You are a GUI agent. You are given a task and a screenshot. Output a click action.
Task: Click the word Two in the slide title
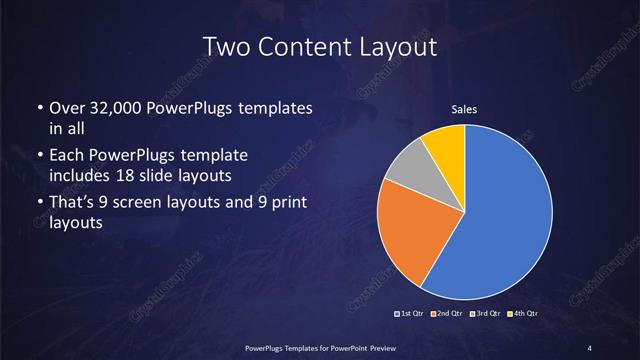[223, 46]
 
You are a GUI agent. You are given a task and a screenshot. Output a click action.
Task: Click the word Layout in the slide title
[402, 46]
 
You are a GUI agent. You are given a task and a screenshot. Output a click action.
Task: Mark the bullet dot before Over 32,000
[38, 107]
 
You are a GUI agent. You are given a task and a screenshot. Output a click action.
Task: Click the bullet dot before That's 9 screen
[38, 203]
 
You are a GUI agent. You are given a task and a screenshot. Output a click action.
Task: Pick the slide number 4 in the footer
[591, 346]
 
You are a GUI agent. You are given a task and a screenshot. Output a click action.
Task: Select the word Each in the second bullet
[67, 155]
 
